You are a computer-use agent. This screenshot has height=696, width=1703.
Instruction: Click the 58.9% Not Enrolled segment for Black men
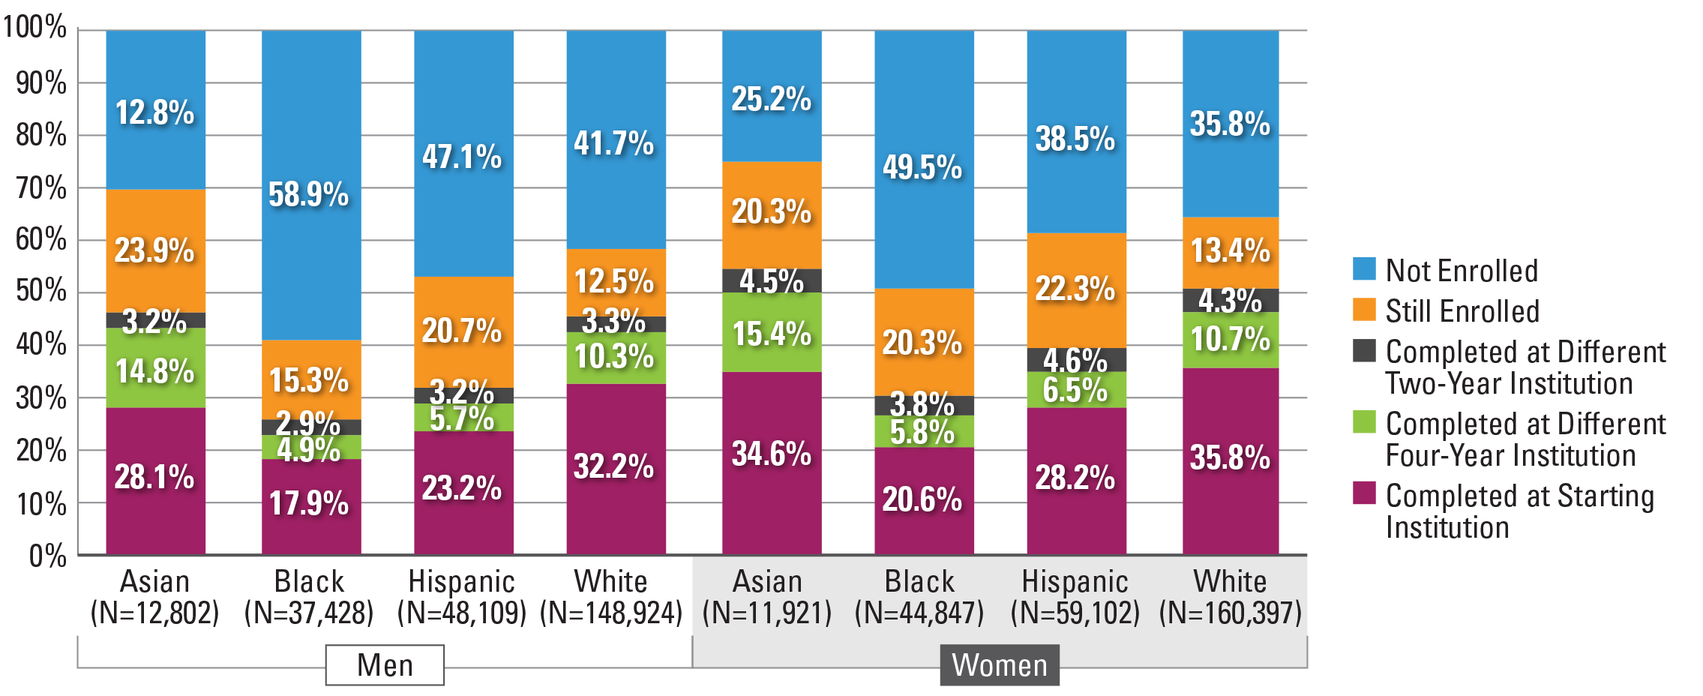point(311,186)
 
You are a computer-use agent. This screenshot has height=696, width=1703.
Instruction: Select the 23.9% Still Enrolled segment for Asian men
point(156,250)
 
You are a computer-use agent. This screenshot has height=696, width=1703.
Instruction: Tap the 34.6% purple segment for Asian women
point(772,463)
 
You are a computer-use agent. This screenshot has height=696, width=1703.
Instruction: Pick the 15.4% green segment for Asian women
point(772,332)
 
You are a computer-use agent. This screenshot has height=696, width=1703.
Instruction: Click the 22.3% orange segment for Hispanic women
point(1076,290)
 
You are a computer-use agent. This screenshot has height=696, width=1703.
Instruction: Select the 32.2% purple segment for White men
point(616,469)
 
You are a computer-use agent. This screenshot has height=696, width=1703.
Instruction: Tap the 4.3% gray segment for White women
point(1231,301)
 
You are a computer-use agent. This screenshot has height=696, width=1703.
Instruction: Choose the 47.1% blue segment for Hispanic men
point(463,154)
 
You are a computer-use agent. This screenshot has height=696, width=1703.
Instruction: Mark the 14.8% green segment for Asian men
point(156,367)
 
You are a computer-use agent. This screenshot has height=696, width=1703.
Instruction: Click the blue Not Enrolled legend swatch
point(1364,268)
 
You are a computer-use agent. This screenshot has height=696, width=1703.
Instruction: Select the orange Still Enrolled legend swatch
point(1364,309)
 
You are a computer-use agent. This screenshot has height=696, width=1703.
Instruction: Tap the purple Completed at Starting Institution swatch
point(1364,493)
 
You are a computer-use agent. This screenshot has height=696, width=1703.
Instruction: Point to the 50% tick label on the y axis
point(41,291)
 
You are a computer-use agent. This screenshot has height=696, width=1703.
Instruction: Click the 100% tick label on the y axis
point(35,28)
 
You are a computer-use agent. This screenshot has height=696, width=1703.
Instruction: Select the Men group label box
point(385,664)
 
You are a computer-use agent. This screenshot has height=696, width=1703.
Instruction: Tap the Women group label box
point(1000,664)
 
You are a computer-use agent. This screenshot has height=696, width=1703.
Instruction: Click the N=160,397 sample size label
point(1231,613)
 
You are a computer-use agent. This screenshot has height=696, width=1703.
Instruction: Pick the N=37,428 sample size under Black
point(309,613)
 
